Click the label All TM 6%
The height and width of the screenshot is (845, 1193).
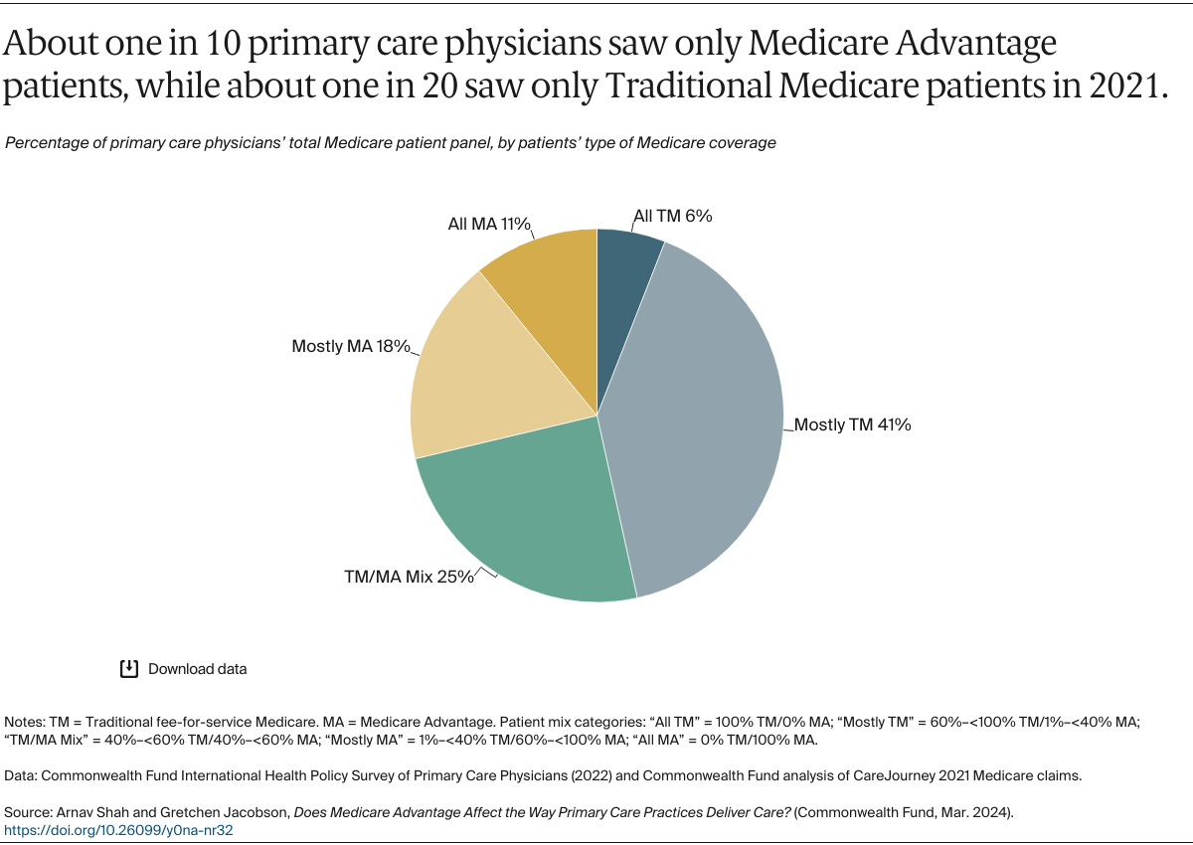click(673, 216)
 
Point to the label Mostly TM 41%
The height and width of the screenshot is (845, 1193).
click(852, 424)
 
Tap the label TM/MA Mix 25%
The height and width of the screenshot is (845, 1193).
click(408, 576)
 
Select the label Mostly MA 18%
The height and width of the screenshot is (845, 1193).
click(351, 346)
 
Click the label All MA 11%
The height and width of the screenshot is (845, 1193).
click(489, 224)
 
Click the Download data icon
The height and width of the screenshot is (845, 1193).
click(128, 668)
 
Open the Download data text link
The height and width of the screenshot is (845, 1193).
click(197, 669)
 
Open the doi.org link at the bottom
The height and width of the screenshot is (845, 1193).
click(118, 828)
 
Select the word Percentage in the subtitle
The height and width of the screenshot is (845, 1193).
click(45, 143)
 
